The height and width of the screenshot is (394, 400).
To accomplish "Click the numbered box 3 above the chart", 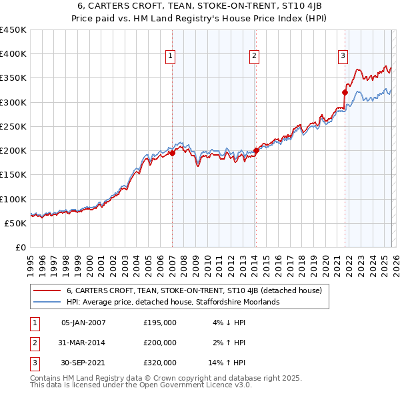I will [x=343, y=56].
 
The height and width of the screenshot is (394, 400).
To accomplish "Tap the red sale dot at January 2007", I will [x=172, y=153].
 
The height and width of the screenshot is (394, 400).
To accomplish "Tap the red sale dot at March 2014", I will [x=256, y=151].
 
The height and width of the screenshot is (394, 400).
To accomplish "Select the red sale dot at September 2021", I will [x=345, y=93].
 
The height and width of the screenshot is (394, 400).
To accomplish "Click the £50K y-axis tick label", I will [x=16, y=223].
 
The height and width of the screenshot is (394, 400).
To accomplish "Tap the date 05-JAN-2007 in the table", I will [x=83, y=323].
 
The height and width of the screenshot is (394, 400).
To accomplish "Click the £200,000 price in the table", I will [x=160, y=343].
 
